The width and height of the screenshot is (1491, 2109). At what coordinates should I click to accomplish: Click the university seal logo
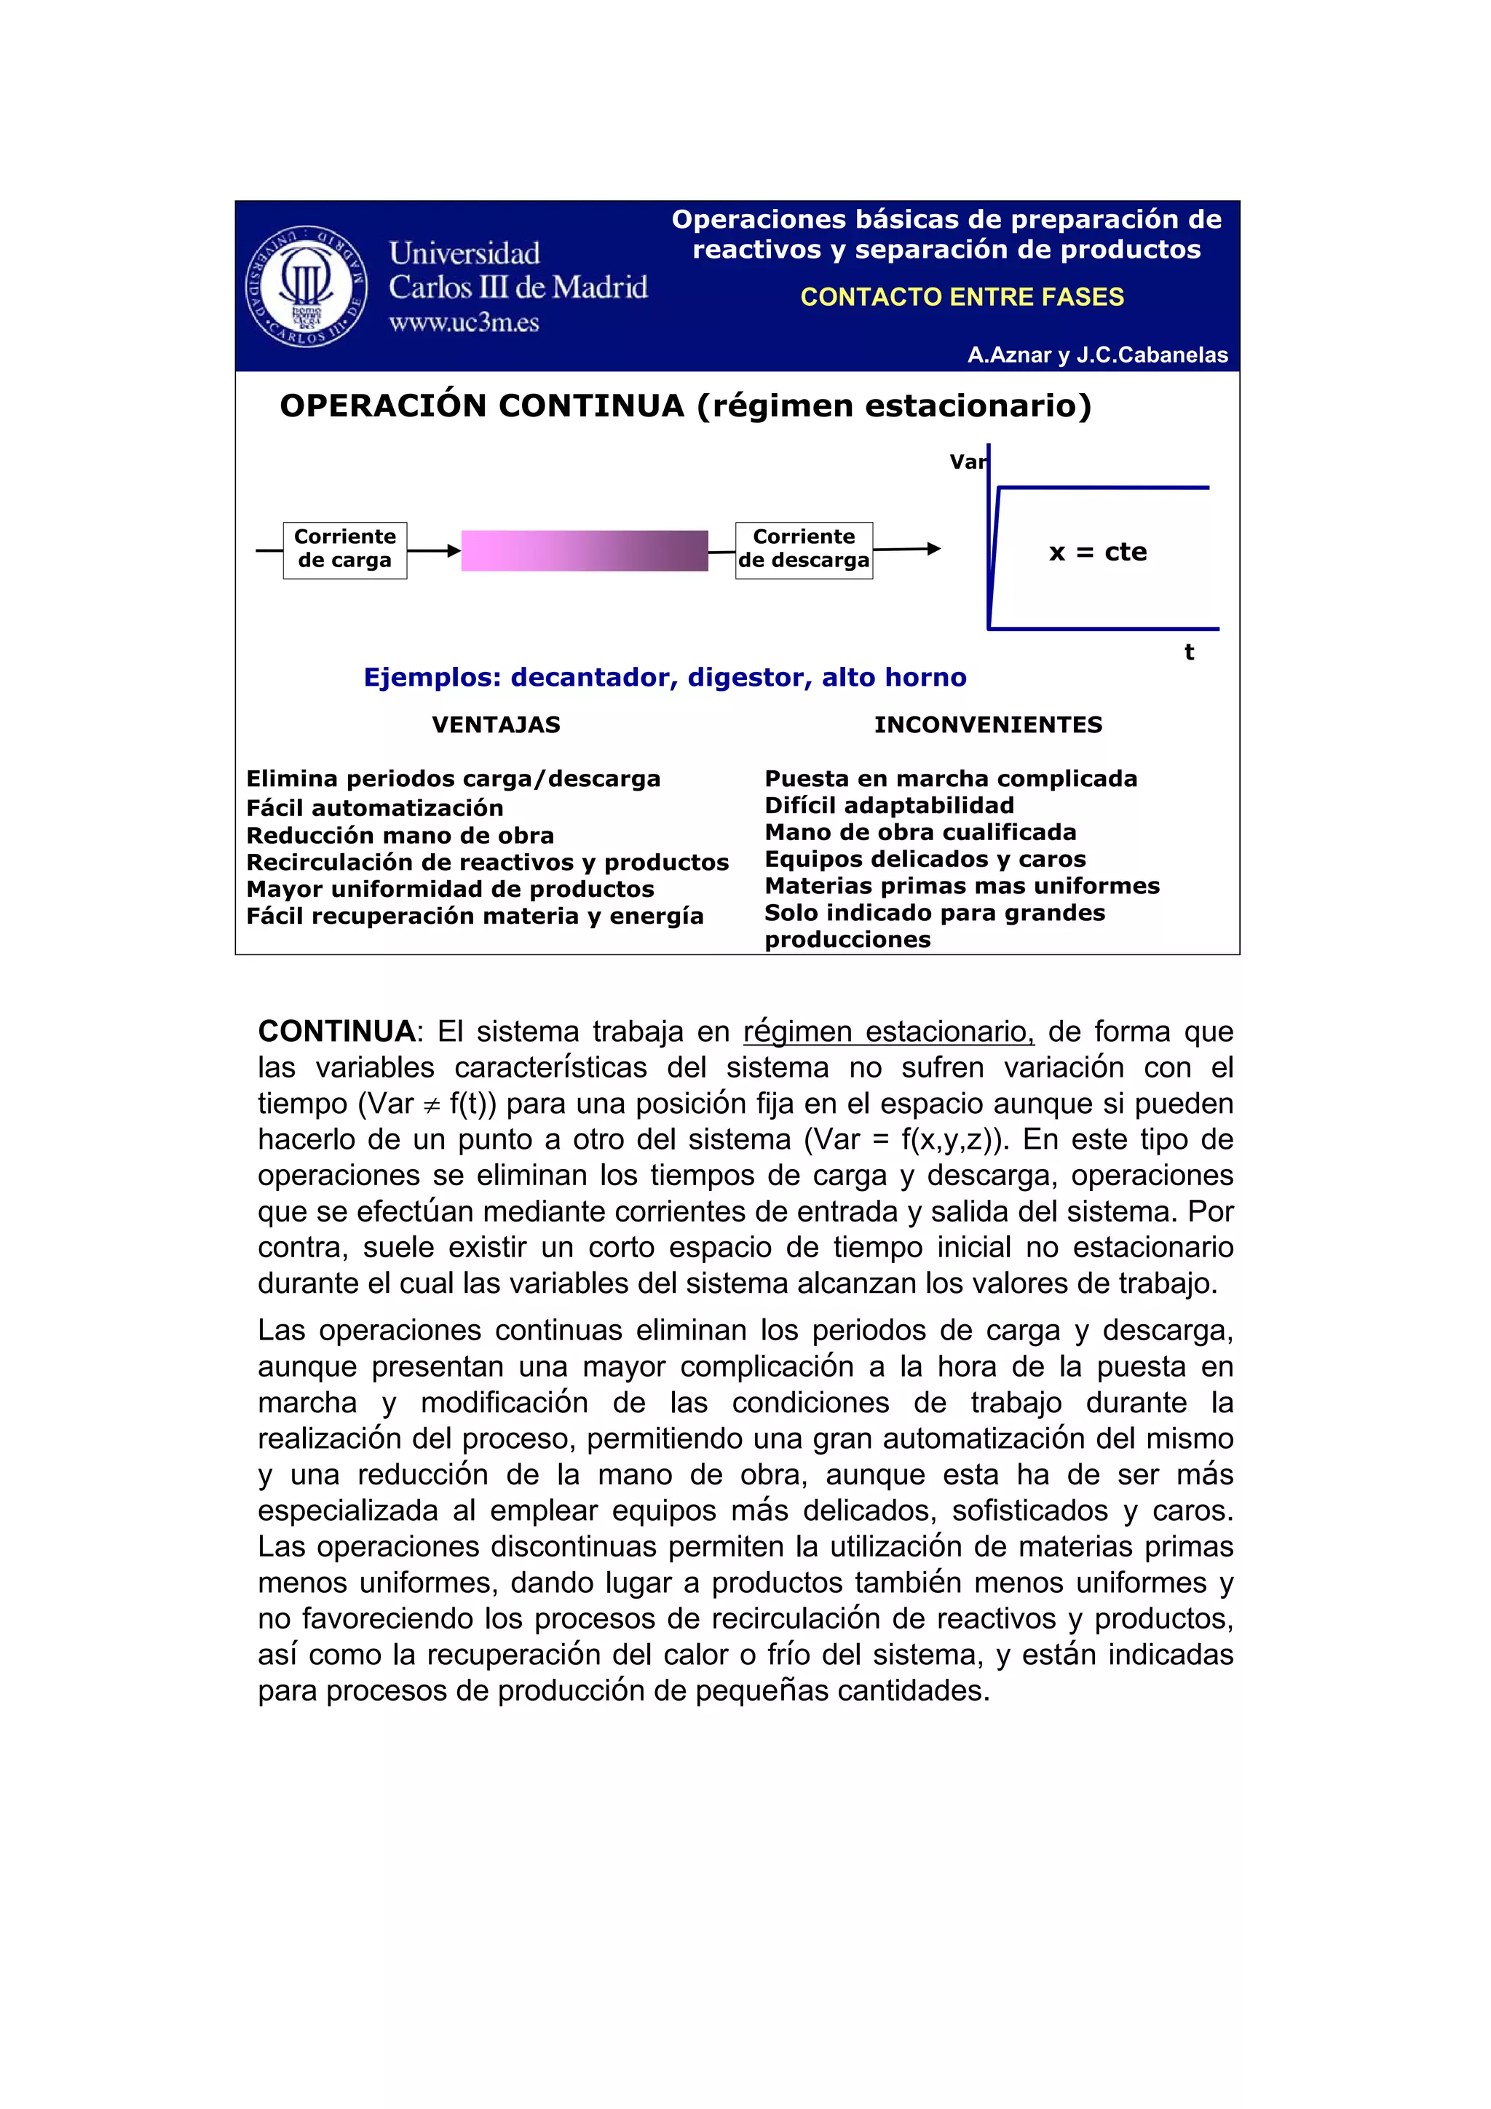pos(306,285)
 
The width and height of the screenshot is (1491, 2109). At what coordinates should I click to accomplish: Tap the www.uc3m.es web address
pos(463,323)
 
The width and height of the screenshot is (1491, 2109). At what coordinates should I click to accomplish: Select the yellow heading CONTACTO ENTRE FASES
pos(961,297)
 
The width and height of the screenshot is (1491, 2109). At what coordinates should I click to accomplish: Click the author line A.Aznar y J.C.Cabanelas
pos(1097,355)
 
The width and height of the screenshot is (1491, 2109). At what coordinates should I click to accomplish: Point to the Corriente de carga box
pos(344,550)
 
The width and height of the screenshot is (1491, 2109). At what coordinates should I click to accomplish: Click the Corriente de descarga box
pos(804,550)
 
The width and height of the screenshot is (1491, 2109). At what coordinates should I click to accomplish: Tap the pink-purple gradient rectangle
pos(585,550)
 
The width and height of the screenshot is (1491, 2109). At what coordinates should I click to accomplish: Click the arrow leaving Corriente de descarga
pos(906,550)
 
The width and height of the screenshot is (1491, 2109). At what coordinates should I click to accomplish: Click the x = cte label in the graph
pos(1098,552)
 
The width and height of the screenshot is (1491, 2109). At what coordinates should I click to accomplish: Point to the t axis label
pos(1189,652)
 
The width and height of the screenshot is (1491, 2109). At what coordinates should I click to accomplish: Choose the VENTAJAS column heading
pos(496,725)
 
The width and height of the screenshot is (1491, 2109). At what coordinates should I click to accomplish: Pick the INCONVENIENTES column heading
pos(988,725)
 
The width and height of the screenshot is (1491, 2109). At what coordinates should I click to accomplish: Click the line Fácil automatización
pos(375,808)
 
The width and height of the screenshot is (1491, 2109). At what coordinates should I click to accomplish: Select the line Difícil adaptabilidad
pos(889,806)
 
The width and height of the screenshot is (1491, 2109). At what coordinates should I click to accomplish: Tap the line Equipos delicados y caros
pos(925,859)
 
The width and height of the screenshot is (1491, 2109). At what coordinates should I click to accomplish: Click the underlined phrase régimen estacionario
pos(888,1032)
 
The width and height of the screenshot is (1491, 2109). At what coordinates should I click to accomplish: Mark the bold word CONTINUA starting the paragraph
pos(337,1032)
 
